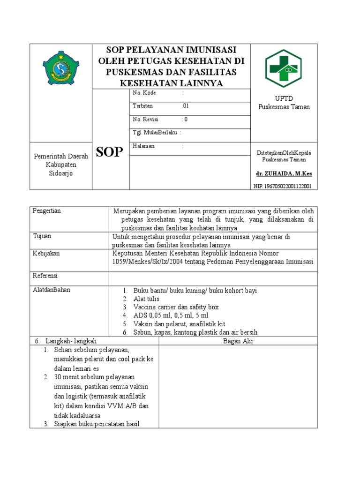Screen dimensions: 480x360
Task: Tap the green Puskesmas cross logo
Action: tap(283, 68)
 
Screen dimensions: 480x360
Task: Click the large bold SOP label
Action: tap(110, 152)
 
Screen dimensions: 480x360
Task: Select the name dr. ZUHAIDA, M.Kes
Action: tap(284, 173)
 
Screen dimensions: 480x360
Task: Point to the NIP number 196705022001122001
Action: tap(283, 186)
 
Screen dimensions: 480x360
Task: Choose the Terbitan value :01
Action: tap(186, 106)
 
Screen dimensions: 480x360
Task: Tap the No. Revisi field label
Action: tap(147, 120)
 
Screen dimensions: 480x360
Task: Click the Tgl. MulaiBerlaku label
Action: tap(155, 133)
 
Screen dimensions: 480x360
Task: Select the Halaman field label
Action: tap(144, 146)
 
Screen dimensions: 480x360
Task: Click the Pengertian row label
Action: tap(47, 211)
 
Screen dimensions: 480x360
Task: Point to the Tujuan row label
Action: tap(42, 236)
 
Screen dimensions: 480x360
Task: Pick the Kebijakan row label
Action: tap(46, 253)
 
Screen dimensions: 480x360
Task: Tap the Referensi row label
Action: tap(45, 276)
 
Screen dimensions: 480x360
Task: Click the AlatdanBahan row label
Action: tap(52, 290)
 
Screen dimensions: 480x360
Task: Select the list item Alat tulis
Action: tap(146, 299)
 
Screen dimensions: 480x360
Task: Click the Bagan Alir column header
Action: tap(238, 341)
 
